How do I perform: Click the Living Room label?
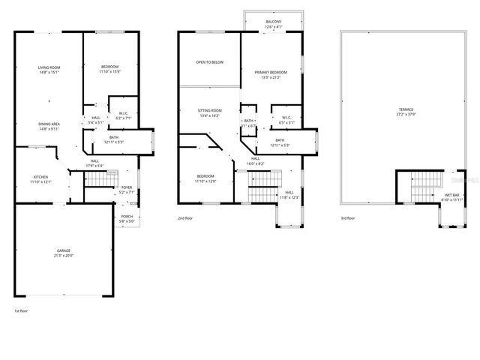49,68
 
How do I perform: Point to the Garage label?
64,250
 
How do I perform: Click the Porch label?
126,217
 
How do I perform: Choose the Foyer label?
126,188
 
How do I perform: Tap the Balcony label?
273,22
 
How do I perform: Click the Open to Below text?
209,62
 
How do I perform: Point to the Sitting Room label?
209,110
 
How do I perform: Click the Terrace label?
406,110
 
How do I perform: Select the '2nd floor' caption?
185,218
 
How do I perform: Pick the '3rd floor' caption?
349,218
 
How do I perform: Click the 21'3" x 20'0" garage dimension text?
64,256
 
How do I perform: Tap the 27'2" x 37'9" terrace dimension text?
406,115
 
